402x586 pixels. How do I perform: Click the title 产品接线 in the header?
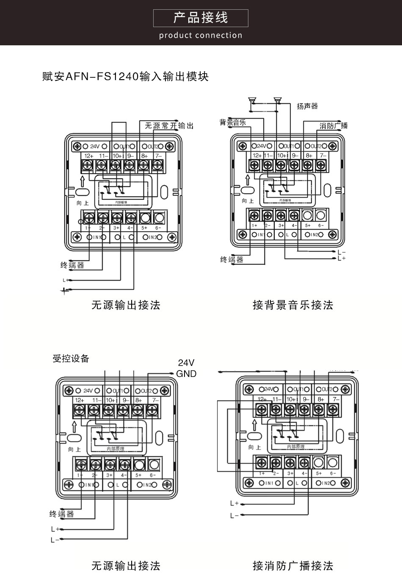[201, 18]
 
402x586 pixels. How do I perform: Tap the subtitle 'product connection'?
[201, 36]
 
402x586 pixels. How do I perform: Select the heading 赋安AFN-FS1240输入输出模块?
[126, 77]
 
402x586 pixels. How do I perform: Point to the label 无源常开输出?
[169, 126]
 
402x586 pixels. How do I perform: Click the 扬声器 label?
[307, 106]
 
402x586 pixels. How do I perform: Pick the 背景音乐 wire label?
[232, 123]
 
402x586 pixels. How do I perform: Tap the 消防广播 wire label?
[333, 126]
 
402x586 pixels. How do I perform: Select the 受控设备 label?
[71, 359]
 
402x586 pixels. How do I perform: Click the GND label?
[186, 374]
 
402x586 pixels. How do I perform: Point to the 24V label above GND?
[186, 363]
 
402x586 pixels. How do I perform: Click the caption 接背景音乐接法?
[293, 305]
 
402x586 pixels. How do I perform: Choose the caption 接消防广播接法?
[293, 566]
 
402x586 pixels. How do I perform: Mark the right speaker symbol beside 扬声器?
[278, 100]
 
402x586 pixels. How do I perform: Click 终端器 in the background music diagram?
[232, 260]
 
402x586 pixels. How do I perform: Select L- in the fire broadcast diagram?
[234, 516]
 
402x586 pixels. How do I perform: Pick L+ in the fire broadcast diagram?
[234, 503]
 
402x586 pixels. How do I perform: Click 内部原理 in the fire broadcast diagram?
[295, 447]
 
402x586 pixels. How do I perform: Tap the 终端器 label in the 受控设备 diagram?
[61, 514]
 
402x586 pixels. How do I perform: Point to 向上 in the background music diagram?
[248, 201]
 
